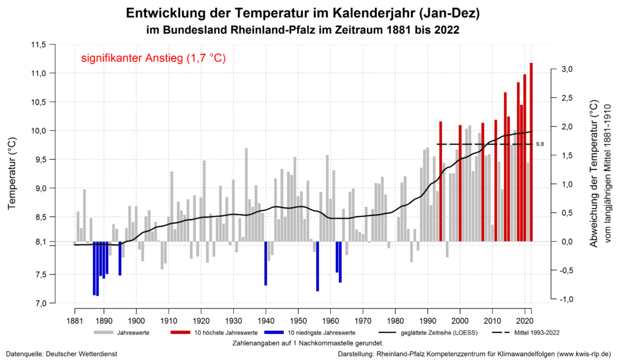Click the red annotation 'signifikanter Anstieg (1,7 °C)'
pyautogui.click(x=153, y=59)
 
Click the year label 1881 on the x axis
pyautogui.click(x=75, y=320)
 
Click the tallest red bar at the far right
pyautogui.click(x=531, y=151)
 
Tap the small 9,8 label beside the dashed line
pyautogui.click(x=540, y=144)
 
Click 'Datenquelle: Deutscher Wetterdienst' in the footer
pyautogui.click(x=61, y=353)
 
